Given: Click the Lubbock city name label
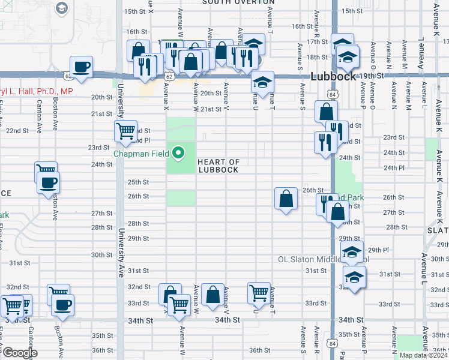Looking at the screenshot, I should pyautogui.click(x=334, y=77).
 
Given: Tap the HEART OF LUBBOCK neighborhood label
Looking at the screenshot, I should pyautogui.click(x=218, y=166).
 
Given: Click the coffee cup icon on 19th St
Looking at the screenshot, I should pyautogui.click(x=81, y=67).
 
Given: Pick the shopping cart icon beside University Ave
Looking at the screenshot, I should pyautogui.click(x=125, y=131).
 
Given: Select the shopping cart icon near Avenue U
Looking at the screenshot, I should pyautogui.click(x=259, y=293).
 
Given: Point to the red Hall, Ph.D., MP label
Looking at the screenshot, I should pyautogui.click(x=36, y=91).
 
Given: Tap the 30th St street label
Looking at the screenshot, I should pyautogui.click(x=102, y=255).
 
